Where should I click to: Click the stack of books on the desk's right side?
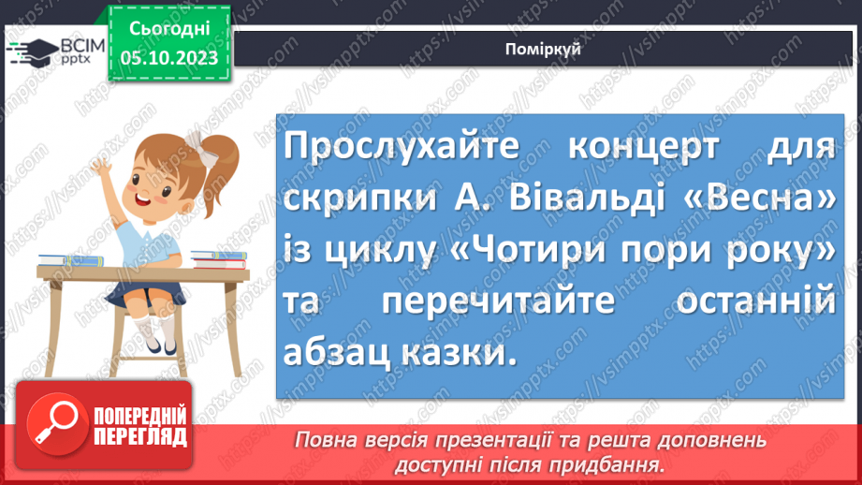coord(218,258)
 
